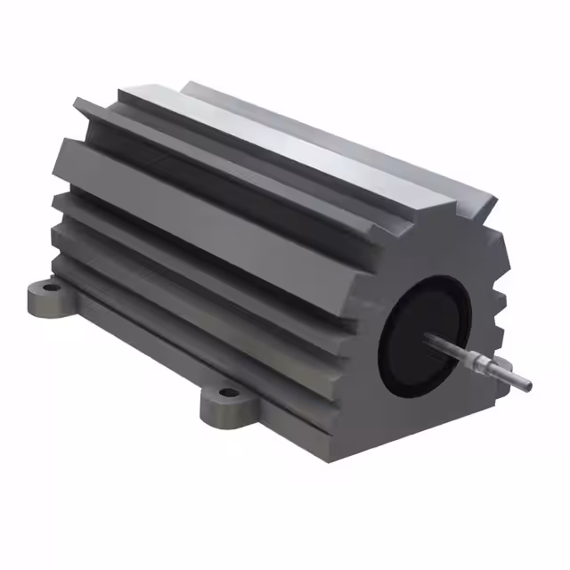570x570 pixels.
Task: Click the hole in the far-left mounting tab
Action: [x=45, y=289]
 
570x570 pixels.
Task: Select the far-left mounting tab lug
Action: [x=40, y=298]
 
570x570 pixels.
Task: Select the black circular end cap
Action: [x=419, y=330]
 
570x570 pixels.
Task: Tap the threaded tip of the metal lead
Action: [x=524, y=382]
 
